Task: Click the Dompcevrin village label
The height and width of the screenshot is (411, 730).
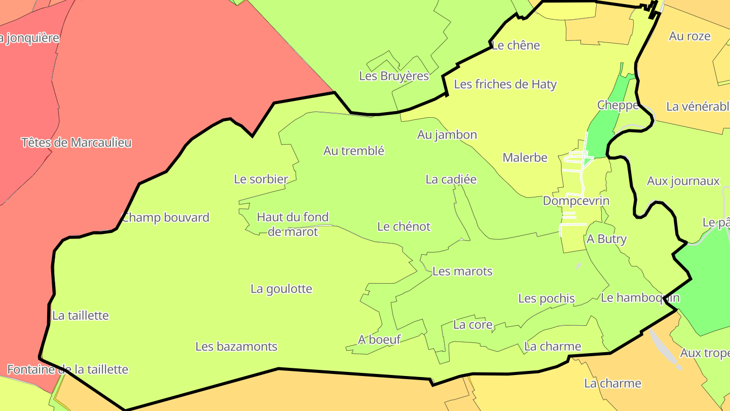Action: (x=576, y=200)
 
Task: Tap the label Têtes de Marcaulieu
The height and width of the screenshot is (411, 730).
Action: (x=77, y=143)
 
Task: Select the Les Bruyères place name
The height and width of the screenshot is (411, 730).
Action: (x=394, y=76)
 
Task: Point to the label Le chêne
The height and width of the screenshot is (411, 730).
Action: (x=516, y=45)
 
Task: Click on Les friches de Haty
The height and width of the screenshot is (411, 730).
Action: (x=505, y=84)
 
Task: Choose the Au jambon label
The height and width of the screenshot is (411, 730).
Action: (x=447, y=134)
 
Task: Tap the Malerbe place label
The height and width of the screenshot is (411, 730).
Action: (x=525, y=157)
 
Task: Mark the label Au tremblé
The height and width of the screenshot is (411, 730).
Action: (x=354, y=151)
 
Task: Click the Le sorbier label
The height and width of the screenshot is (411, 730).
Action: (x=261, y=179)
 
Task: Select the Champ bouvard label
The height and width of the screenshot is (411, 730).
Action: (x=165, y=218)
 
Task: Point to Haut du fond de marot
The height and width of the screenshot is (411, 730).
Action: (x=293, y=224)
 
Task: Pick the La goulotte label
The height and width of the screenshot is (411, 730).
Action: (x=281, y=289)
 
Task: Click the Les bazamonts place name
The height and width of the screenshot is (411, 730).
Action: (x=236, y=347)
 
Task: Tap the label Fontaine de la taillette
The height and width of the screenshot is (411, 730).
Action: (x=67, y=369)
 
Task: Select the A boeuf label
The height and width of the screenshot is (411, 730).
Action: (x=379, y=339)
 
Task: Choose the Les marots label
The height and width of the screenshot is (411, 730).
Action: (x=462, y=271)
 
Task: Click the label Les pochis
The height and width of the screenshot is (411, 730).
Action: (x=546, y=298)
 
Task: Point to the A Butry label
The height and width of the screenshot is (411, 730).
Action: (x=606, y=239)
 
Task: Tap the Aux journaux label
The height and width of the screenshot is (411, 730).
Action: (x=683, y=181)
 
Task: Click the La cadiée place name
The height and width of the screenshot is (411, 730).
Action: (x=451, y=179)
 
